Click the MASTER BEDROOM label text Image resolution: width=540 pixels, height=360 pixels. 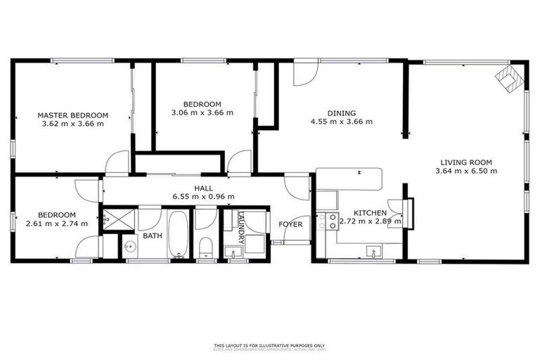[x=72, y=115]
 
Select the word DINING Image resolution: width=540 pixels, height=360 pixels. [x=341, y=112]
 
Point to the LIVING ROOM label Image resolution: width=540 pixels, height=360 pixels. [x=465, y=161]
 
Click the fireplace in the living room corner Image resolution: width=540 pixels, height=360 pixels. [x=510, y=79]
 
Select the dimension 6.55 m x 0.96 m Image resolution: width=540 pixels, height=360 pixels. [x=203, y=196]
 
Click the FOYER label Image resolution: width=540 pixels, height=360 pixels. [x=290, y=225]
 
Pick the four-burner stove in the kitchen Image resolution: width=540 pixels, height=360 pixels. [x=327, y=222]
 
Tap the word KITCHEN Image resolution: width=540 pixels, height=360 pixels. [x=370, y=212]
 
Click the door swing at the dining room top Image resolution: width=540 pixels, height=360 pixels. [x=304, y=74]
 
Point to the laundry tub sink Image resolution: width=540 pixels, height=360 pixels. [x=231, y=251]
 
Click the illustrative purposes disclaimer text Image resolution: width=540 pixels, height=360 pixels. [x=270, y=345]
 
